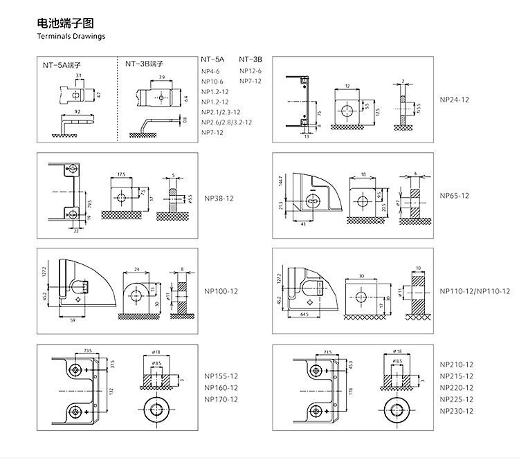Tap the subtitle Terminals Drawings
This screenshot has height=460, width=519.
(71, 37)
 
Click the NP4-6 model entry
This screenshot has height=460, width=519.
(210, 71)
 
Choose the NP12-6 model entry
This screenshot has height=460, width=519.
(251, 71)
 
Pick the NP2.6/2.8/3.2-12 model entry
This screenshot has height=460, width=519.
(226, 122)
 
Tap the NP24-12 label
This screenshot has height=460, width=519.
(455, 100)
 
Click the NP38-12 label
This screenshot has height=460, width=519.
(219, 199)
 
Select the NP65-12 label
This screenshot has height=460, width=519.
(455, 196)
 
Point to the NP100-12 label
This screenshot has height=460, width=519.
(221, 291)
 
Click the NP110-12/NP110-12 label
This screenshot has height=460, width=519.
(475, 291)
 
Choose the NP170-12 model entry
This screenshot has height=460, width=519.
(221, 399)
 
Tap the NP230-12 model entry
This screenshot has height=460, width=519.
(457, 411)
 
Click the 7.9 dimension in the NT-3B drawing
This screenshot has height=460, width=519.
(161, 77)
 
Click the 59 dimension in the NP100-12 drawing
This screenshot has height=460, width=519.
(73, 320)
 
